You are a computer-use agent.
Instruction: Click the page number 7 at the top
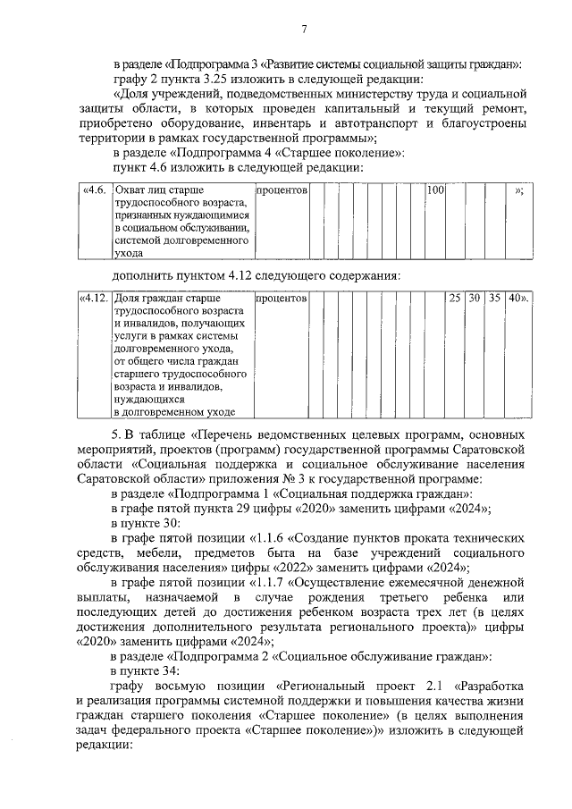pyautogui.click(x=304, y=30)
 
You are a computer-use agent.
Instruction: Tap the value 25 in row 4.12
pyautogui.click(x=455, y=297)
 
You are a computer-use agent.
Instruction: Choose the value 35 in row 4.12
pyautogui.click(x=495, y=297)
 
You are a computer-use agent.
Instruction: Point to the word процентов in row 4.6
pyautogui.click(x=282, y=190)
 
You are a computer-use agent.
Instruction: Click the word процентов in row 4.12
pyautogui.click(x=282, y=297)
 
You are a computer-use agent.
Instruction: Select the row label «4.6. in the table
pyautogui.click(x=94, y=190)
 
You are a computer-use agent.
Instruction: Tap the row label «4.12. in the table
pyautogui.click(x=94, y=297)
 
